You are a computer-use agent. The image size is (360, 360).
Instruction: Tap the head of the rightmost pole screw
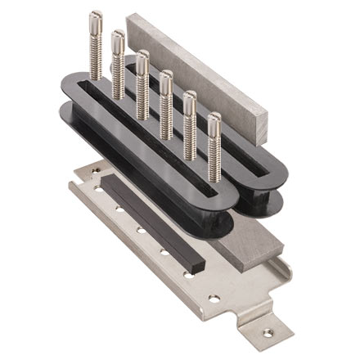coord(214,123)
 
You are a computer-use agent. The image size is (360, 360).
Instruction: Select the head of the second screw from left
coord(118,38)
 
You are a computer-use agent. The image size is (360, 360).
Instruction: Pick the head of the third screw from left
coord(142,58)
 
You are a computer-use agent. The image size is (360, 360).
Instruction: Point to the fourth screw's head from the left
coord(166,78)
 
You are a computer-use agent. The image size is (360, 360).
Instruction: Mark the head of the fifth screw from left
coord(190,100)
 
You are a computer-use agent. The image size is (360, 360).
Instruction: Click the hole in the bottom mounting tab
coord(263,332)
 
